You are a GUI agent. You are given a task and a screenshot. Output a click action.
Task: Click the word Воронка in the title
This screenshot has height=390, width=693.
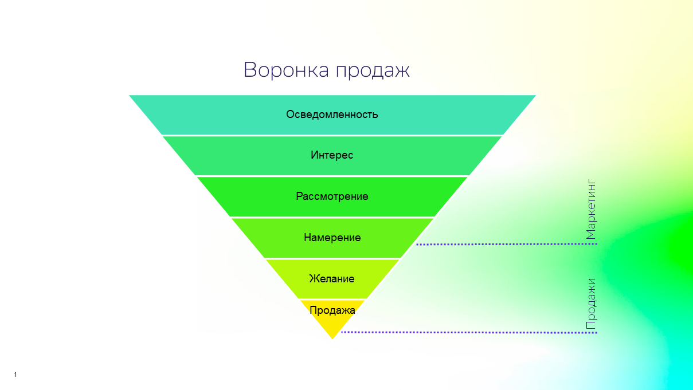[286, 69]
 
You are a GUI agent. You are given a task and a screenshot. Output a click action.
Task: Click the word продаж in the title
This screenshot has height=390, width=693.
[373, 71]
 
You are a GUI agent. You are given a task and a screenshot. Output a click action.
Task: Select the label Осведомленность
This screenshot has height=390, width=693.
[332, 115]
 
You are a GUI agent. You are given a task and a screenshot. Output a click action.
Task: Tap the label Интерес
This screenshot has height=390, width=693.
[332, 155]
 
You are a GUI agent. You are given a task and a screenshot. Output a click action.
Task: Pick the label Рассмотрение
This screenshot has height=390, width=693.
[332, 196]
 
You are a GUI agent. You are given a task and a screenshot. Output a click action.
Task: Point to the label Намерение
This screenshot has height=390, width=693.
[332, 238]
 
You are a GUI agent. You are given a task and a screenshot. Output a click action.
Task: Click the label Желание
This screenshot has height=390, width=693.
[332, 279]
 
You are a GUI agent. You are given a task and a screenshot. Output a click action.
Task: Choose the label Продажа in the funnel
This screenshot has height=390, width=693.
[332, 310]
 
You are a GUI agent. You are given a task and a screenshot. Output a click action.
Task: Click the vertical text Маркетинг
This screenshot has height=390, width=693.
[591, 209]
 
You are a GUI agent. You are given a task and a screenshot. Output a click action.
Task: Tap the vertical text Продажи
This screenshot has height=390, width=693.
[591, 304]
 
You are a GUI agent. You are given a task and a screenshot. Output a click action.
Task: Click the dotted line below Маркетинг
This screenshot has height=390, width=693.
[507, 244]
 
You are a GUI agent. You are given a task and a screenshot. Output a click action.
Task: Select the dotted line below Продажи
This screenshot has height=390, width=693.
[469, 333]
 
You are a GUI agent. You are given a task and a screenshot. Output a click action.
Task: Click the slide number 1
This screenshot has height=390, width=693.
[15, 375]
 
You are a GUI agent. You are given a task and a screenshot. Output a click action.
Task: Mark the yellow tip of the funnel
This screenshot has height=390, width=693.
[332, 338]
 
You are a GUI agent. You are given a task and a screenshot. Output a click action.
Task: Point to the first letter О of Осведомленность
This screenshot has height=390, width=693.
[290, 115]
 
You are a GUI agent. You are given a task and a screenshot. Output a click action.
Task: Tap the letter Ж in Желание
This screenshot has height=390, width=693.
[314, 279]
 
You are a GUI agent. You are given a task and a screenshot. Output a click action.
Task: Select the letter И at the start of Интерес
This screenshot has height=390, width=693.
[315, 155]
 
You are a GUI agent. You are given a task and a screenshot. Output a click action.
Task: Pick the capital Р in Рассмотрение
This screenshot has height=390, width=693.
[299, 196]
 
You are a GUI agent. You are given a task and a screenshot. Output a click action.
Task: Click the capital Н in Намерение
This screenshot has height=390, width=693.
[307, 238]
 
